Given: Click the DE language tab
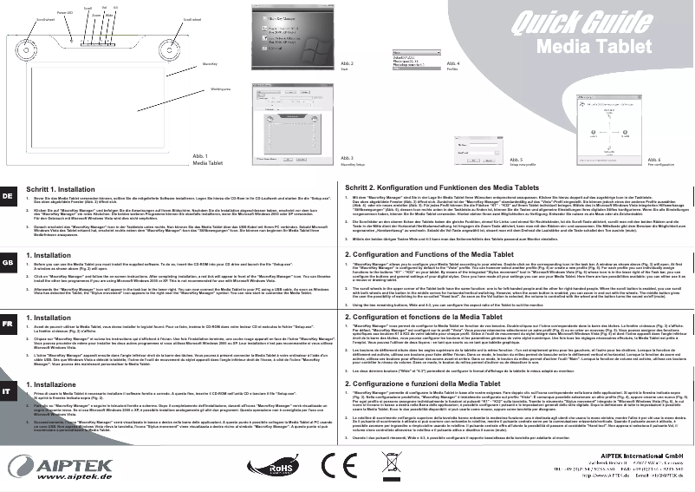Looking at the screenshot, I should (8, 197).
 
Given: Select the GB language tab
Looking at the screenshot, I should (8, 260).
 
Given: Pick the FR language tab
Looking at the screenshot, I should (8, 323).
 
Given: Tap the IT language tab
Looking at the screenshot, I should (8, 391).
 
